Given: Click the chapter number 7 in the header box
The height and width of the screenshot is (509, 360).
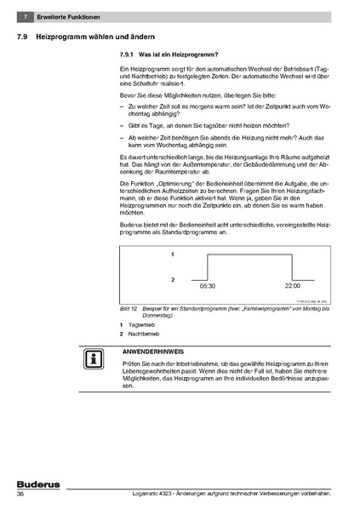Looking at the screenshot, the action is coord(27,17).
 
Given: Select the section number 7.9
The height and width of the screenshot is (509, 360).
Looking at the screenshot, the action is coord(24,37).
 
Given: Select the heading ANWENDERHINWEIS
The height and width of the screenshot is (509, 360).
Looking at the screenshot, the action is coord(154,351).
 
